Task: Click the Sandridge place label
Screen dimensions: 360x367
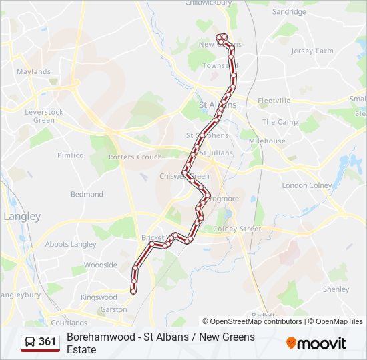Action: (289, 12)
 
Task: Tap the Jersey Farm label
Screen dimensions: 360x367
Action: (312, 51)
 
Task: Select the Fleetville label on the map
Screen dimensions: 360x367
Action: (274, 101)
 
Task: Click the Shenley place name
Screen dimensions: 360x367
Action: (336, 289)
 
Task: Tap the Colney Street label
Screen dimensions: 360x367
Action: (237, 229)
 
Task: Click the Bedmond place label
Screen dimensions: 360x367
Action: (87, 195)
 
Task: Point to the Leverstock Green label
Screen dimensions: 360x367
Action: (44, 116)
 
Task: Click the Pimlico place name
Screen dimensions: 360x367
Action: (71, 155)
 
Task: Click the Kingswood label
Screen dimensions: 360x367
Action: (99, 297)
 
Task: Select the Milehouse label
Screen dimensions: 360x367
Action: (267, 141)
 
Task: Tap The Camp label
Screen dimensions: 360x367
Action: (280, 123)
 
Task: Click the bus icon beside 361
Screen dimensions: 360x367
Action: (30, 342)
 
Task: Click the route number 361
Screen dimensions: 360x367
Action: (47, 342)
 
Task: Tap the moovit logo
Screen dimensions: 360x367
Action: (316, 343)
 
